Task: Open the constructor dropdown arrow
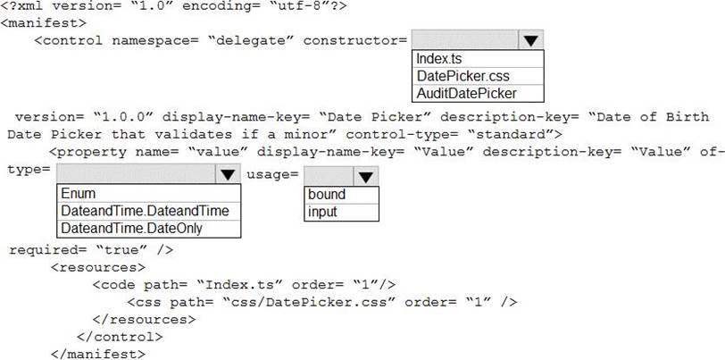point(530,40)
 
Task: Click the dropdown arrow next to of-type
point(228,174)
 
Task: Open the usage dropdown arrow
point(366,176)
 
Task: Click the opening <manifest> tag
point(44,22)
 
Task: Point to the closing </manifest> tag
point(97,355)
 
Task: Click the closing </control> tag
point(120,337)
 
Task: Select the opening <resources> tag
point(97,267)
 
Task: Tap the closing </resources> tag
point(144,319)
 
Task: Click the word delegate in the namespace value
point(252,40)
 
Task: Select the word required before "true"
point(44,250)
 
